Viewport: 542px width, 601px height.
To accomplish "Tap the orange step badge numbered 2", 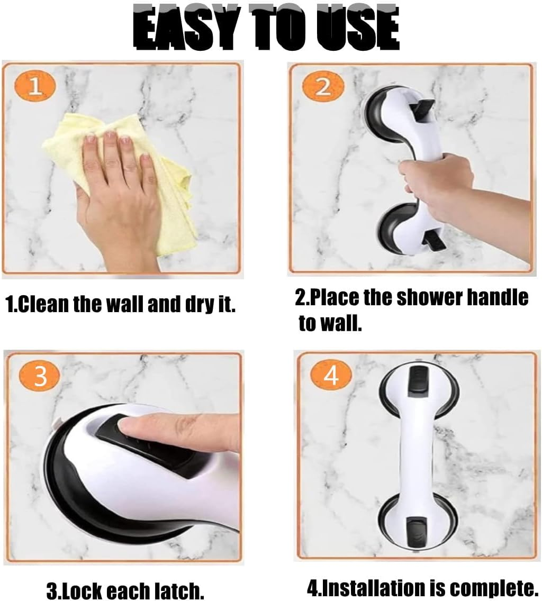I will tap(323, 87).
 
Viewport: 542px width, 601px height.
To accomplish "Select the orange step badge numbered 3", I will tap(40, 377).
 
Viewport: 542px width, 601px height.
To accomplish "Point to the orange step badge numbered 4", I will tap(331, 376).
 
